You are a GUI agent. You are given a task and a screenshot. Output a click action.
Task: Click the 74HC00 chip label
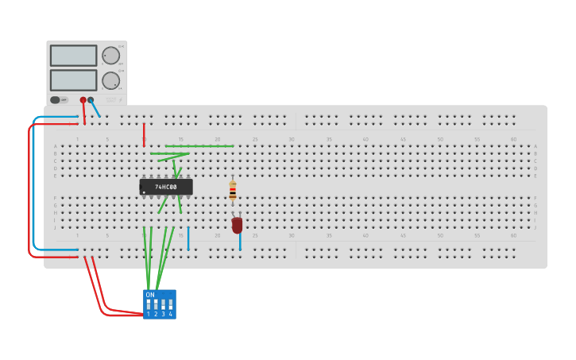(x=165, y=187)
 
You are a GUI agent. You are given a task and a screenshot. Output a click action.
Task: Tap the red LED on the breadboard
(x=237, y=225)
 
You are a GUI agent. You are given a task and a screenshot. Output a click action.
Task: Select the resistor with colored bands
(x=233, y=191)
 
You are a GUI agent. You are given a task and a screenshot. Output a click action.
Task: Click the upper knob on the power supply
(x=110, y=55)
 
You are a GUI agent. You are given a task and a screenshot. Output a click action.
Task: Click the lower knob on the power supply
(x=110, y=80)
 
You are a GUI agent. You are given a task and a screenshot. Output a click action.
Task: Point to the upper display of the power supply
(x=73, y=56)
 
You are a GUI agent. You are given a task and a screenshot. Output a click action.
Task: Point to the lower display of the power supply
(x=73, y=80)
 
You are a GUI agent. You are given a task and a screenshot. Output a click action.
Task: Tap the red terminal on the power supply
(x=83, y=100)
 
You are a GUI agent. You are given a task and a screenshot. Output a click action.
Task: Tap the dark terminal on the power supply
(x=91, y=100)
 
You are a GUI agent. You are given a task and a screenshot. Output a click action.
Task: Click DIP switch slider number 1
(x=149, y=304)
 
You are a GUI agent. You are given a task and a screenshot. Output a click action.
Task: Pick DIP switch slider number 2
(x=156, y=304)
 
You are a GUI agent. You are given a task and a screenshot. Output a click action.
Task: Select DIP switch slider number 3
(x=163, y=304)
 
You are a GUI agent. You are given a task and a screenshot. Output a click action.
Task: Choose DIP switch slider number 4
(x=170, y=304)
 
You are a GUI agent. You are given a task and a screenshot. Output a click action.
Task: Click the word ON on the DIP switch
(x=150, y=295)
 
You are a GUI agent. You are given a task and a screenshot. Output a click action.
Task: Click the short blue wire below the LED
(x=240, y=242)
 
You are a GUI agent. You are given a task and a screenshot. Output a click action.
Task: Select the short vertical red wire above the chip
(x=144, y=134)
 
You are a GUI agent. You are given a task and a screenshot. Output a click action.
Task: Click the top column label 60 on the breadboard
(x=513, y=139)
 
